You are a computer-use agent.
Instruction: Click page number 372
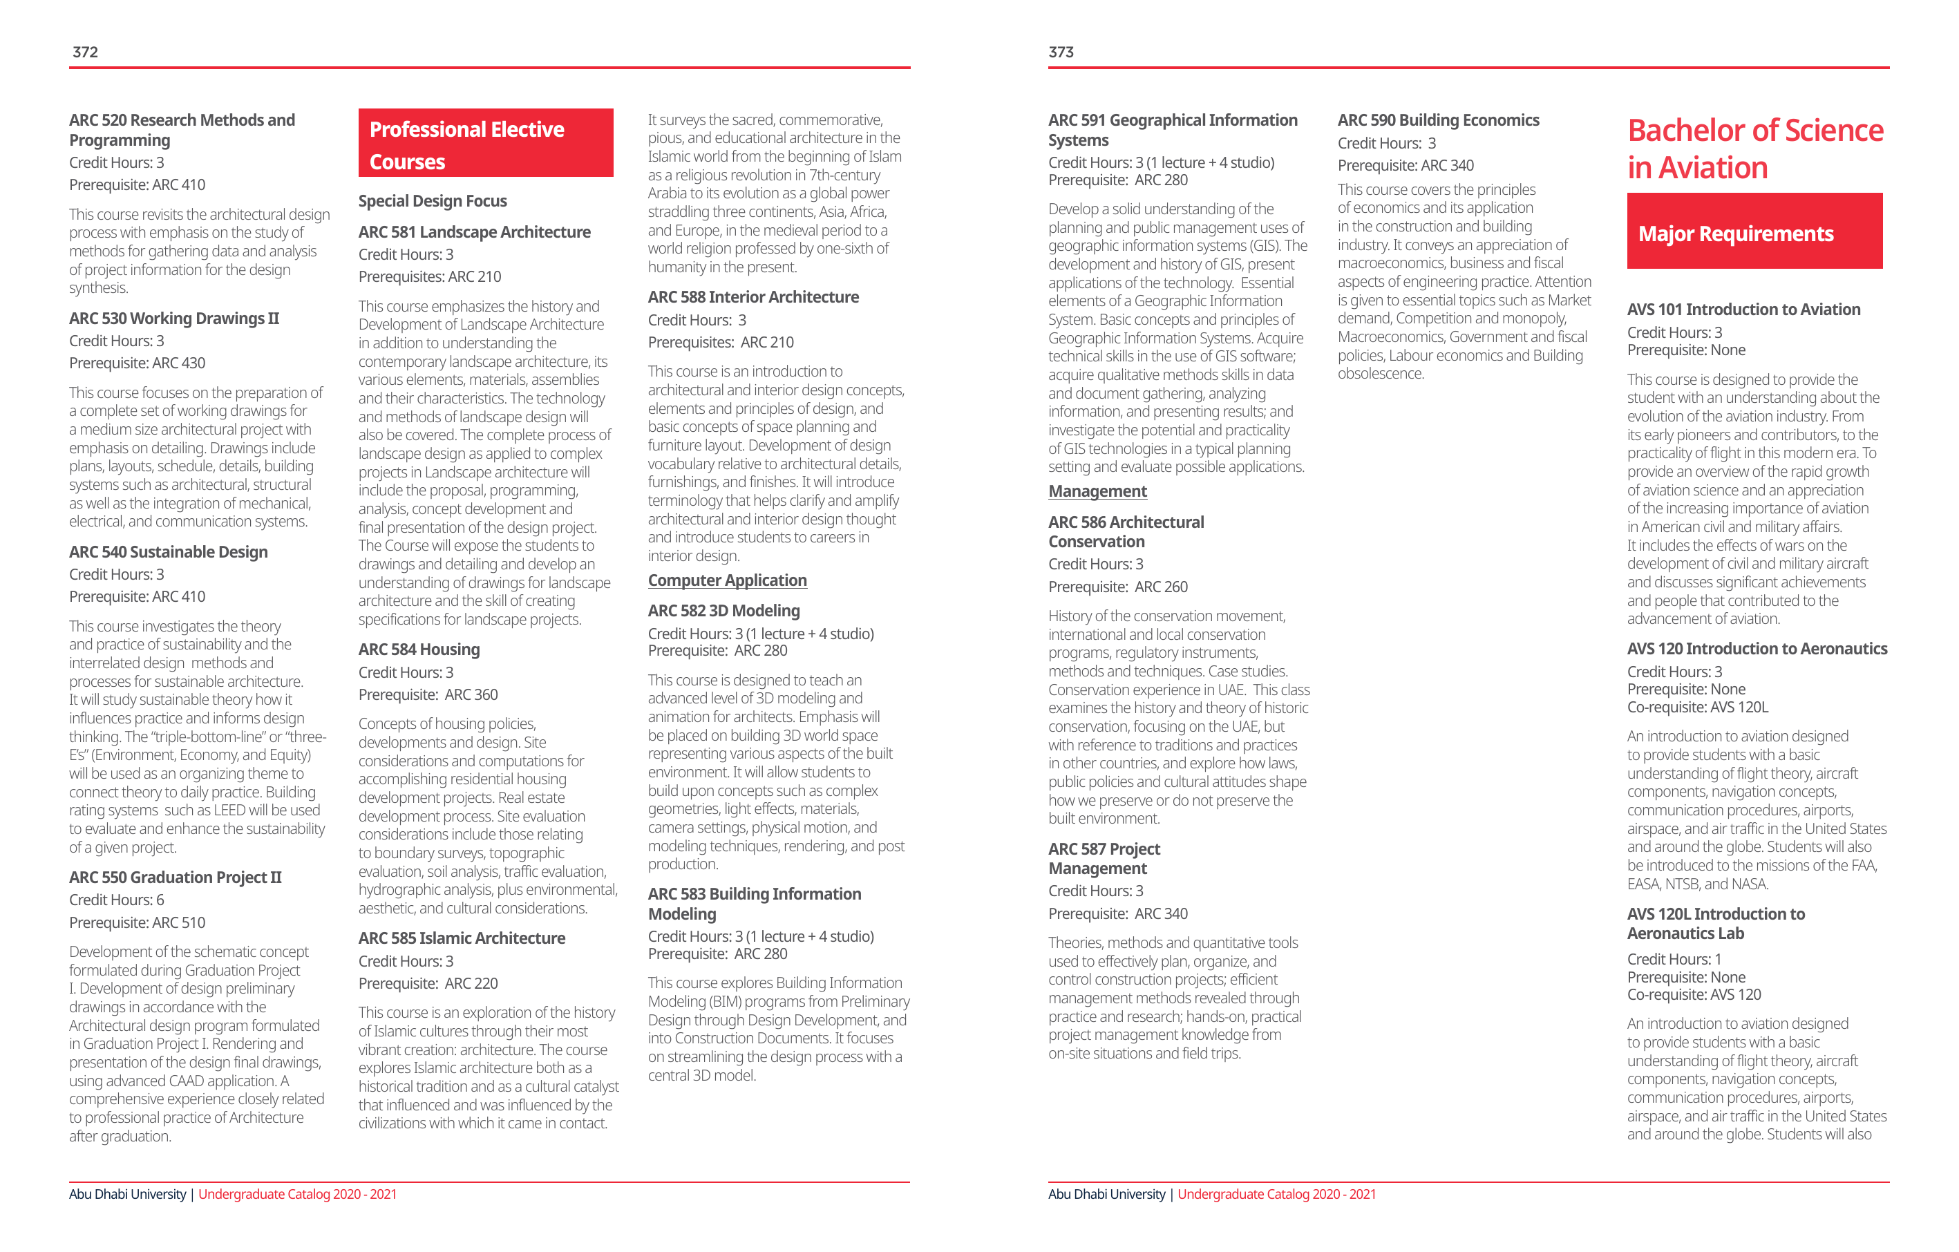click(x=86, y=52)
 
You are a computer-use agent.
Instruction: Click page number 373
click(x=1061, y=52)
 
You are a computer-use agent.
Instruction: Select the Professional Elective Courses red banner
click(x=486, y=144)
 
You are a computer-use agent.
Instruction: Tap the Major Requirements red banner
click(x=1754, y=233)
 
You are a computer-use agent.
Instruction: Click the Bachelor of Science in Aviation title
click(x=1754, y=149)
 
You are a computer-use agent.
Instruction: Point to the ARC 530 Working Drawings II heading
click(x=174, y=318)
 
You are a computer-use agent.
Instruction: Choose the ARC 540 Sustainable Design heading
click(x=169, y=551)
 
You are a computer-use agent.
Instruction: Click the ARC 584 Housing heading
click(x=419, y=649)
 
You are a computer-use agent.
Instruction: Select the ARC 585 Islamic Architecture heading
click(x=462, y=938)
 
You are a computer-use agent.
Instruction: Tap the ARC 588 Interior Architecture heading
click(x=753, y=297)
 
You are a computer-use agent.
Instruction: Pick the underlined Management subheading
click(x=1097, y=491)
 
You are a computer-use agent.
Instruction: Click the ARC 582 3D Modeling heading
click(x=723, y=610)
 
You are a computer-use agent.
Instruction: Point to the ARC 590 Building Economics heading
click(x=1437, y=120)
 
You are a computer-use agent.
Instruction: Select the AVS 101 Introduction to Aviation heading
click(x=1743, y=309)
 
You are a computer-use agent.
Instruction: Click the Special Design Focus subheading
click(x=432, y=201)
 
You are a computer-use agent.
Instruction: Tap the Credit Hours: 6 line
click(x=116, y=900)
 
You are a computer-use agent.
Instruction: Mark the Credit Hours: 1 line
click(x=1674, y=959)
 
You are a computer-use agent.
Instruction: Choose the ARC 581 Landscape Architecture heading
click(x=474, y=232)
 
